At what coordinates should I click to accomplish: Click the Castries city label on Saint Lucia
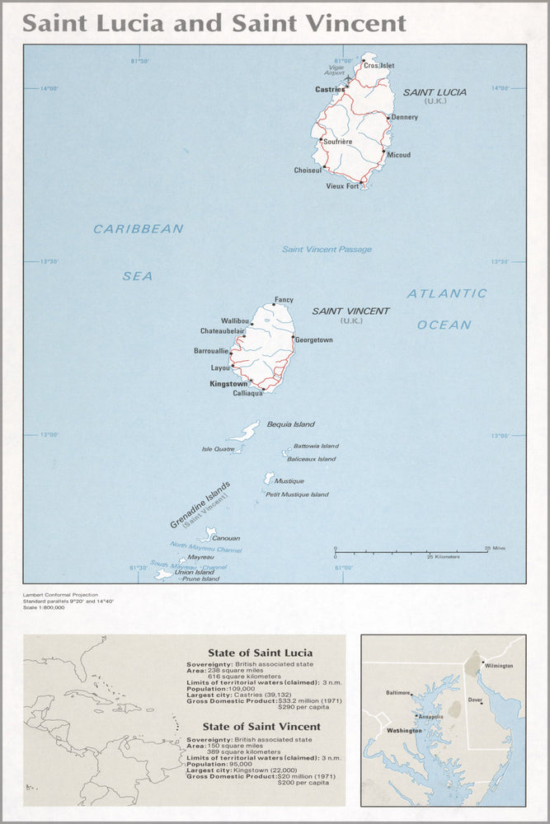[x=329, y=88]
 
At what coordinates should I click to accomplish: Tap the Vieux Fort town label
[x=342, y=186]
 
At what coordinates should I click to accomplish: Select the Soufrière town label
[x=339, y=142]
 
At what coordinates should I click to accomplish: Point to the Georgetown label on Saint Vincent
[x=314, y=339]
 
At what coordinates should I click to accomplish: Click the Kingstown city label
[x=228, y=384]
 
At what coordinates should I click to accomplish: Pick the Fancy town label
[x=284, y=299]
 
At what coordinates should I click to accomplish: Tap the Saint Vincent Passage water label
[x=327, y=250]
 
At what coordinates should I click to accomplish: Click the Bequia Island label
[x=290, y=424]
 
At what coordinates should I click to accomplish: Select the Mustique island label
[x=289, y=481]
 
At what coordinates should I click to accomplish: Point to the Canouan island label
[x=227, y=538]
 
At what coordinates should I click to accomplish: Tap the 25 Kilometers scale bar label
[x=443, y=558]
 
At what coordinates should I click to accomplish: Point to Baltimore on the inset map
[x=397, y=693]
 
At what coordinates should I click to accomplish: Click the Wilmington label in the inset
[x=500, y=665]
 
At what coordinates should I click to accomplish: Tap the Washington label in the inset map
[x=404, y=730]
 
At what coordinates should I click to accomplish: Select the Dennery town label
[x=404, y=117]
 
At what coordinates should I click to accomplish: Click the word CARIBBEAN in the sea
[x=138, y=229]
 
